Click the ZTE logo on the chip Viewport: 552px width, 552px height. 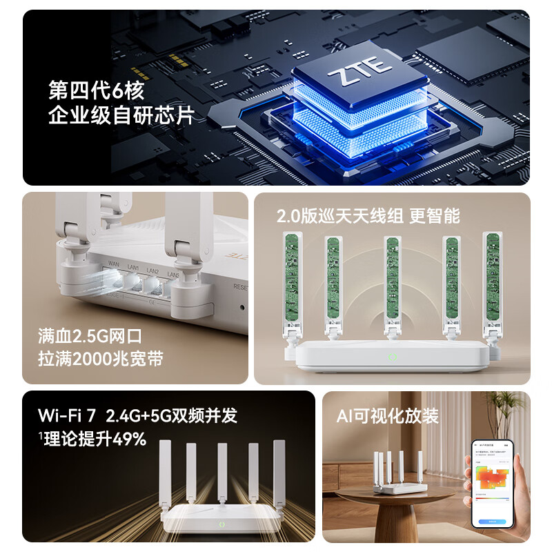pos(360,76)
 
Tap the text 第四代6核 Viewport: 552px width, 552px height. pos(96,90)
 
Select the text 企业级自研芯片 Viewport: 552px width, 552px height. pos(121,115)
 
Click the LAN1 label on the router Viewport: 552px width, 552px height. pos(133,268)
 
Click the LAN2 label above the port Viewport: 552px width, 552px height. pos(153,271)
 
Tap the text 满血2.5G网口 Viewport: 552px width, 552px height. pos(90,337)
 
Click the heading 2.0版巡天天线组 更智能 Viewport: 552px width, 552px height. pos(368,215)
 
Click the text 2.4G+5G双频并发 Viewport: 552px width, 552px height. pos(171,415)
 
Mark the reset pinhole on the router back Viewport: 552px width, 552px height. pos(242,308)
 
